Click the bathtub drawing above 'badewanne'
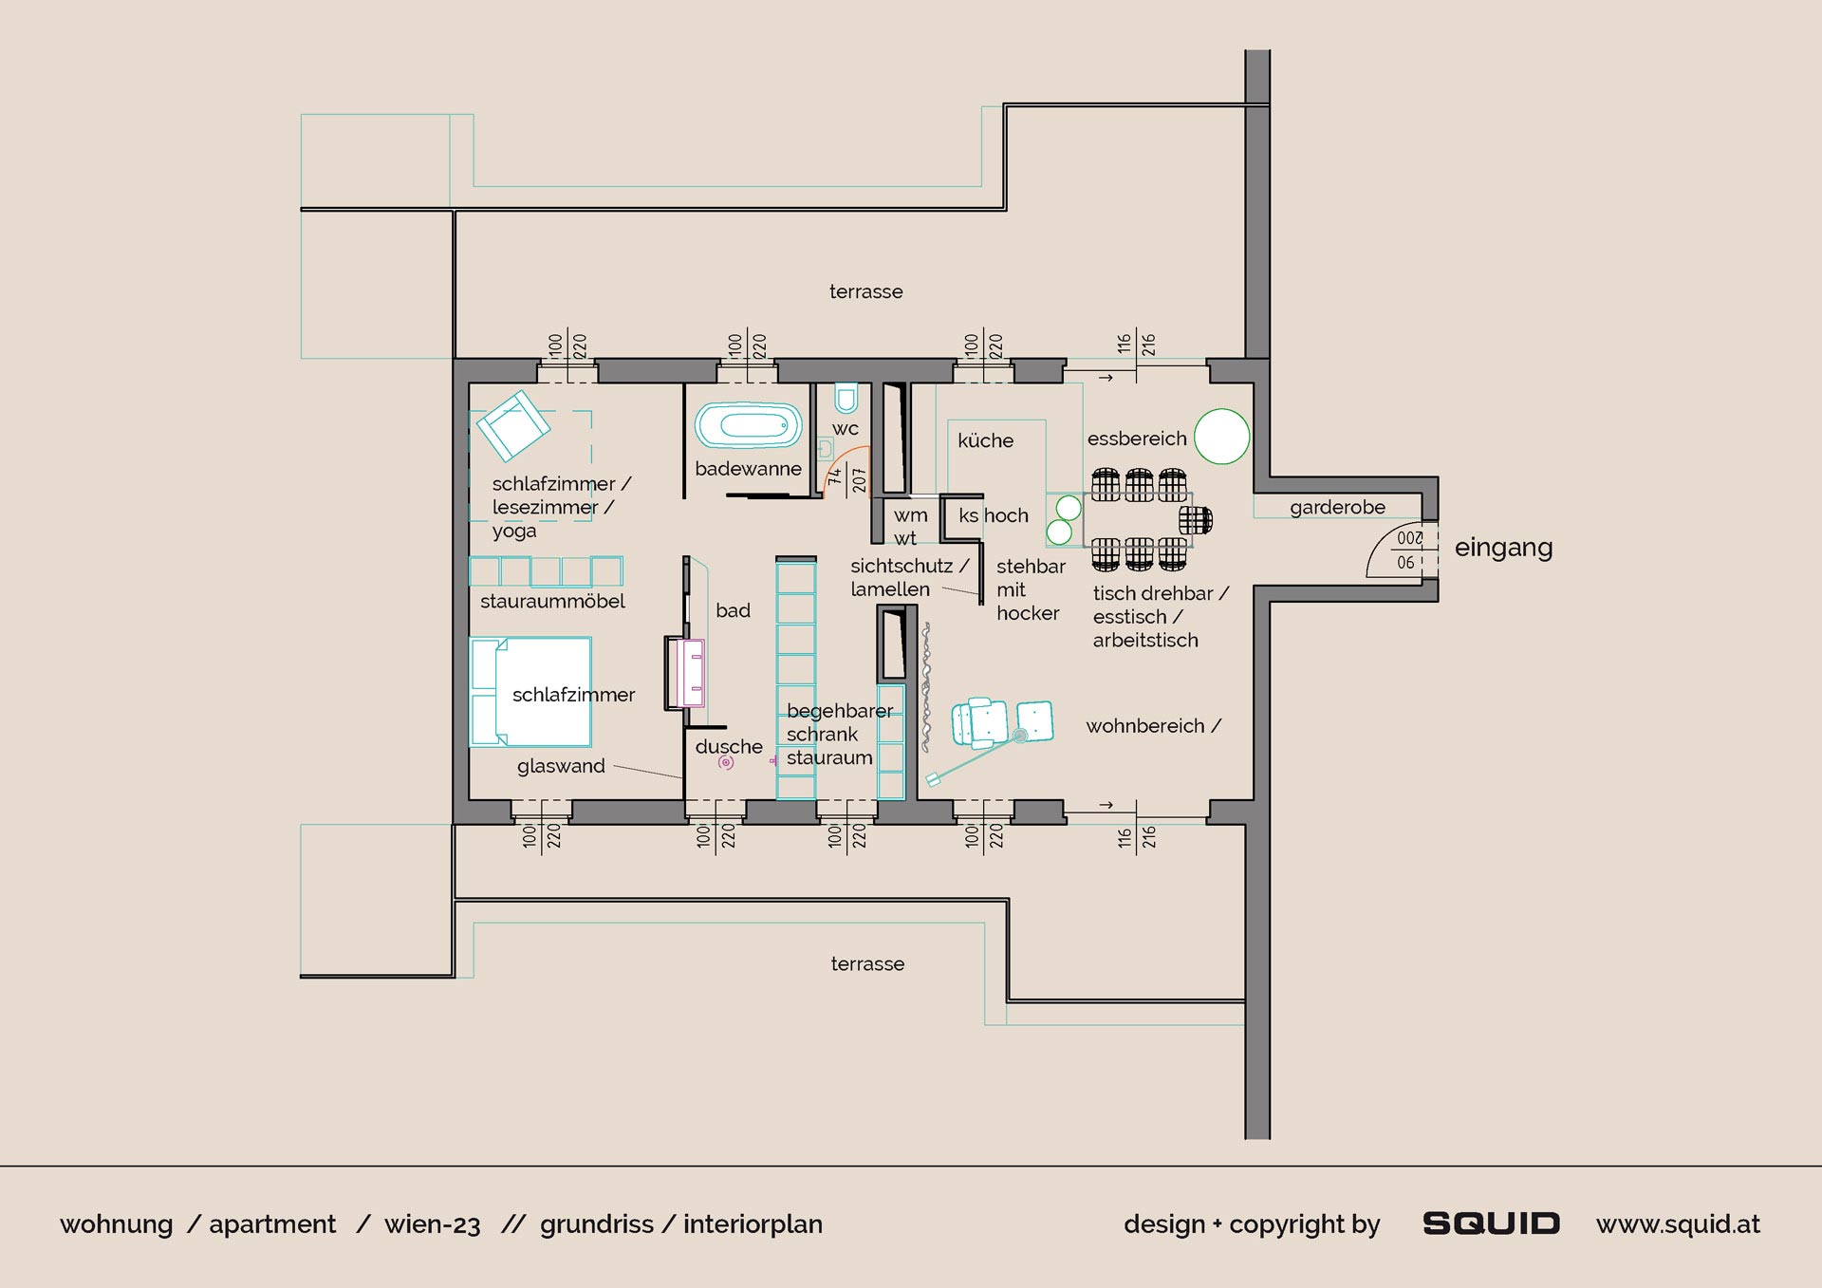point(749,425)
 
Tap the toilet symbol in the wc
point(846,398)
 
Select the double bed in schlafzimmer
point(530,691)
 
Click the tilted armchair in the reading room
point(512,426)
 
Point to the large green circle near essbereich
point(1221,437)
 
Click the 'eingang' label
point(1503,549)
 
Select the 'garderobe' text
point(1337,508)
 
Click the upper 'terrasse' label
point(866,291)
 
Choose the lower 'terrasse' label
point(867,963)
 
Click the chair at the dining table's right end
point(1196,520)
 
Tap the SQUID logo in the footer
point(1491,1223)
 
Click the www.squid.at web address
point(1678,1224)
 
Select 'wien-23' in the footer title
point(433,1224)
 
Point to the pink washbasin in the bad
point(690,673)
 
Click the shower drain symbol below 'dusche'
point(726,762)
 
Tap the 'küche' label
point(985,440)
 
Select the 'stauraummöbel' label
point(552,601)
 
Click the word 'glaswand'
point(561,766)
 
